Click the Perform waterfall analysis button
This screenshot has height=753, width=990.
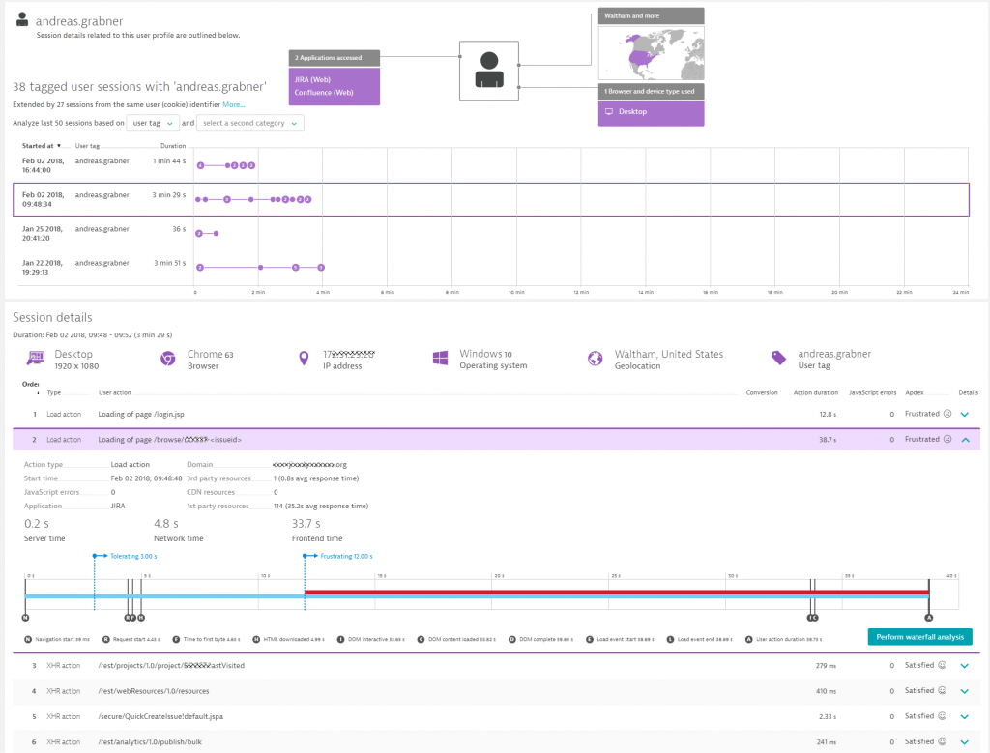pyautogui.click(x=919, y=636)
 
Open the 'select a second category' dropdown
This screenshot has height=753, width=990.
pyautogui.click(x=249, y=123)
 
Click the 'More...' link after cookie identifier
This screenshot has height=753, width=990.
pyautogui.click(x=234, y=104)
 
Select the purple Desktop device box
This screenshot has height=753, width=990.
pyautogui.click(x=651, y=112)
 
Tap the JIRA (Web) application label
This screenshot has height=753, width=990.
pyautogui.click(x=313, y=79)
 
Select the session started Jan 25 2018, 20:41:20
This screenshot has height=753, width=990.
pyautogui.click(x=43, y=233)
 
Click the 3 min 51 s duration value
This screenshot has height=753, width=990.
pyautogui.click(x=168, y=263)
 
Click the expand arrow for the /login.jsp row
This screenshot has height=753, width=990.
pyautogui.click(x=964, y=414)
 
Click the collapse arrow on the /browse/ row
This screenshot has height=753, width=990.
pyautogui.click(x=964, y=439)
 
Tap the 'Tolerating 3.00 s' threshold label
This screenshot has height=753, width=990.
pyautogui.click(x=131, y=556)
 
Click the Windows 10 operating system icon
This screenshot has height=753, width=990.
pyautogui.click(x=441, y=359)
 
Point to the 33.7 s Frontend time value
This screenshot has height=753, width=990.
pyautogui.click(x=307, y=524)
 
